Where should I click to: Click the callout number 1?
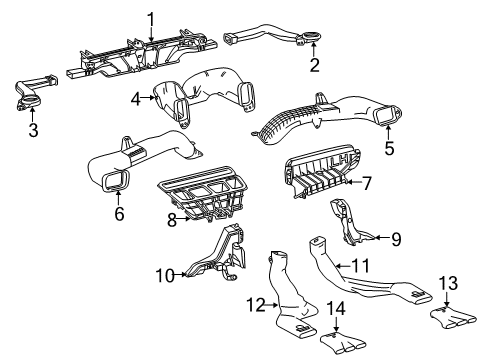[151, 17]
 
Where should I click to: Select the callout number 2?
[313, 66]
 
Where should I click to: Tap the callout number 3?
[32, 129]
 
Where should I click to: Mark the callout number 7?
[366, 182]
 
